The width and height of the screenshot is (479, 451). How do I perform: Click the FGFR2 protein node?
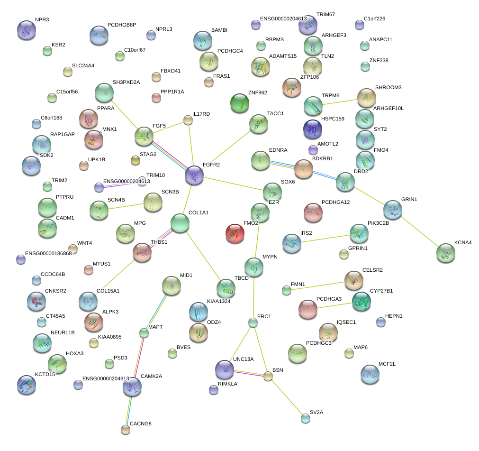click(194, 175)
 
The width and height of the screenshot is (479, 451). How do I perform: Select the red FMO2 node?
click(235, 233)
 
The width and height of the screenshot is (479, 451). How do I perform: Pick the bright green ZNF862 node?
click(239, 102)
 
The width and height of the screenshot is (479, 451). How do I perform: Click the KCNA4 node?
click(446, 253)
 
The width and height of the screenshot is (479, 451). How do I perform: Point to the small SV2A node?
click(306, 418)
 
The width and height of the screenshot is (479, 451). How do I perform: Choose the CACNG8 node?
click(126, 430)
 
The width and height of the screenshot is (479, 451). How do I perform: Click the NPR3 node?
click(27, 30)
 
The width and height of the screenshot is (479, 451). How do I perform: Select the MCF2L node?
click(370, 374)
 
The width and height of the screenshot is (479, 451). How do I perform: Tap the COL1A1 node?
click(180, 223)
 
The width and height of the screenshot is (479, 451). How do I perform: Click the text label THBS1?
click(159, 242)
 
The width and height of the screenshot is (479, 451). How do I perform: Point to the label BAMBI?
click(219, 30)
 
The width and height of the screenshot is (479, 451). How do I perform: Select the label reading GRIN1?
click(409, 199)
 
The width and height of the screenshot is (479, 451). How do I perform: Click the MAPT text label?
click(155, 327)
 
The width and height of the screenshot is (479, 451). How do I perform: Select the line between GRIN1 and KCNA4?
click(419, 231)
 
